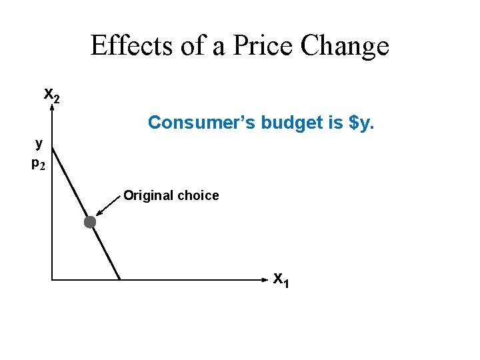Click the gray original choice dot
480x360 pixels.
pyautogui.click(x=90, y=223)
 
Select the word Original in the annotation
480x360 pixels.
pyautogui.click(x=147, y=195)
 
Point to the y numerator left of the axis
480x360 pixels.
pyautogui.click(x=39, y=142)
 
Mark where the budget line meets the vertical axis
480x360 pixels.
pyautogui.click(x=52, y=146)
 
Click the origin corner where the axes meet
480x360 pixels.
pyautogui.click(x=51, y=279)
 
